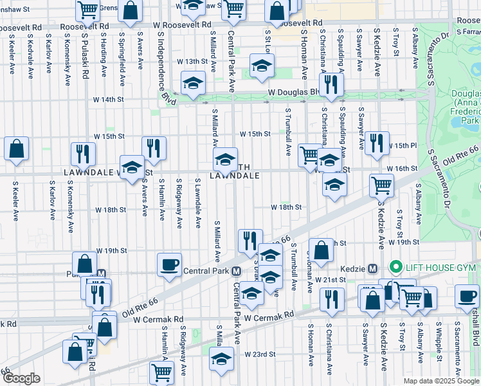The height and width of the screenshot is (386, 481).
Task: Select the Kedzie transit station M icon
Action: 372,268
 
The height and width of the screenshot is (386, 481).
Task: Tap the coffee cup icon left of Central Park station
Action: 170,265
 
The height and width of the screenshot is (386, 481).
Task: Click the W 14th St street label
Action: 107,100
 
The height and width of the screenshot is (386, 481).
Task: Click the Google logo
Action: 21,378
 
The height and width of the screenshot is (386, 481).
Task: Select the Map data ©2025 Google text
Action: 440,381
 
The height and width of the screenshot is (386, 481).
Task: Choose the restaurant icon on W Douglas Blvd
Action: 331,85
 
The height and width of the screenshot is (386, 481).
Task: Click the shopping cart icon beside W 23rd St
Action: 161,372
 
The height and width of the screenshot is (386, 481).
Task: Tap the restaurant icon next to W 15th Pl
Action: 377,143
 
